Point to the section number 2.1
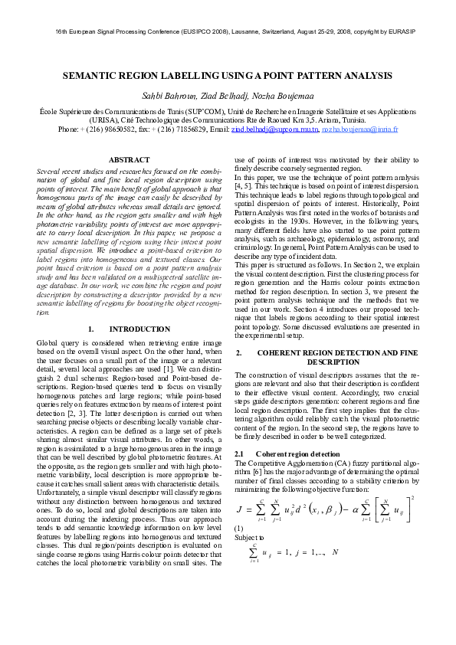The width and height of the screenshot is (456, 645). pyautogui.click(x=238, y=454)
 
